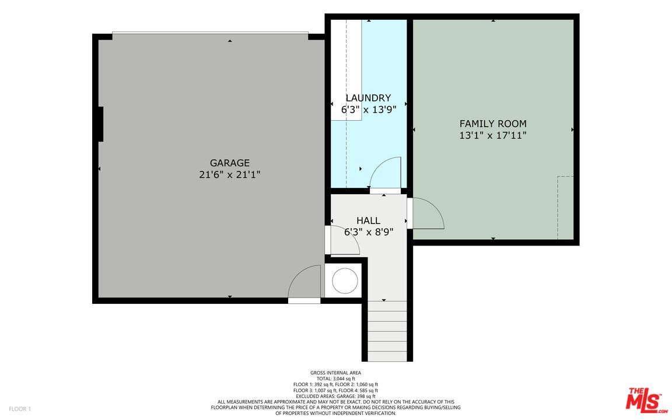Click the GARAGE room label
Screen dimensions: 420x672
point(229,163)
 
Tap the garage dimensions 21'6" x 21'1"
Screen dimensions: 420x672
point(229,174)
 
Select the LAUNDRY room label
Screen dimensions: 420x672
point(368,98)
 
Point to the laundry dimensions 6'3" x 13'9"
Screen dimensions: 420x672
point(368,109)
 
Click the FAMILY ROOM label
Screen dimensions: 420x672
point(493,124)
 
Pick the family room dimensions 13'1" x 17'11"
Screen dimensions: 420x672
point(493,135)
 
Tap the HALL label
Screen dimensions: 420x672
point(368,220)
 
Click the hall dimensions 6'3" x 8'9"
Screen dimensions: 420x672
point(368,232)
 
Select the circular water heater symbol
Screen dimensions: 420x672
point(345,281)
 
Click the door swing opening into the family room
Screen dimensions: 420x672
point(426,214)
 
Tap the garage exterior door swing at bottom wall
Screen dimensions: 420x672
point(305,283)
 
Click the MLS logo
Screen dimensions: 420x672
point(645,401)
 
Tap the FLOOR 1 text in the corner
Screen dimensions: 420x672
point(20,409)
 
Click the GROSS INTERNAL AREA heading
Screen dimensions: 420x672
point(335,373)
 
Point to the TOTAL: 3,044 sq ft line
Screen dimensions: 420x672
point(335,379)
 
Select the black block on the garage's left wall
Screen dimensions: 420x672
point(100,124)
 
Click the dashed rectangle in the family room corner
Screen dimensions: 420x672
point(565,208)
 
